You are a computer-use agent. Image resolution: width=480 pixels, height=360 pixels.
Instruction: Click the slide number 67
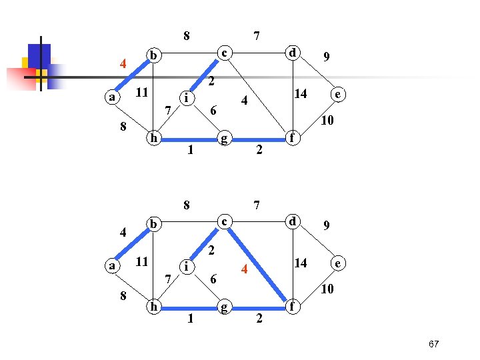click(x=433, y=344)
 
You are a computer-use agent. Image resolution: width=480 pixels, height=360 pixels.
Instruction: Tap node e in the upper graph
click(x=339, y=95)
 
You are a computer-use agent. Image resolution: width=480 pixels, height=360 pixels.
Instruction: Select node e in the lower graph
click(x=339, y=264)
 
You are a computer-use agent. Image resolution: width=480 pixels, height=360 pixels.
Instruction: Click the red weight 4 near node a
click(x=123, y=65)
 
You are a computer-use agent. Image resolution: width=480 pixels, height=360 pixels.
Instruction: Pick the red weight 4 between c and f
click(x=245, y=270)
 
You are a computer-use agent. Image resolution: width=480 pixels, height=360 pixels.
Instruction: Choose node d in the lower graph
click(x=291, y=221)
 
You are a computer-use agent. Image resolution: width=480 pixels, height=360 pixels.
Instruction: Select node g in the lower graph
click(x=225, y=307)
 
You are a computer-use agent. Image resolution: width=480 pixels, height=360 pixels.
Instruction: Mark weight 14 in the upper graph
click(x=301, y=94)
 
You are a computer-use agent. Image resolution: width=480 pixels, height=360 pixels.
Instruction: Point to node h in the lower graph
click(x=154, y=307)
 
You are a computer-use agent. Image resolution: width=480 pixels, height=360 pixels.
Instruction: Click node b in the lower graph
click(x=154, y=223)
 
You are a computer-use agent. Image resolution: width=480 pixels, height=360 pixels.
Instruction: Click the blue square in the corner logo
click(x=39, y=56)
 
